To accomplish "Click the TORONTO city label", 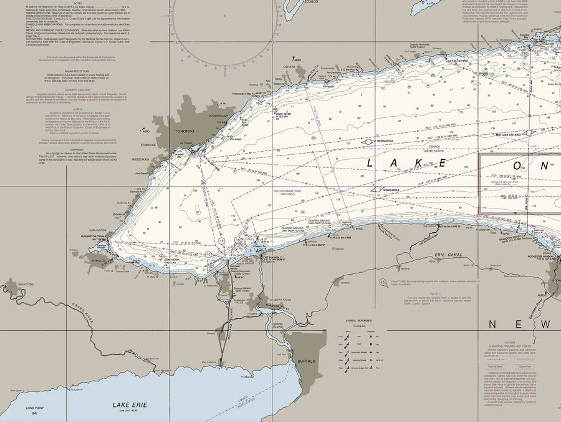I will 184,131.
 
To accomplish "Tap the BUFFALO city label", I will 306,361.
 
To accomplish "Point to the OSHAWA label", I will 289,67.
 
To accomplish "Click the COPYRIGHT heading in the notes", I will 77,149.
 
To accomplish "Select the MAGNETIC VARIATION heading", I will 77,89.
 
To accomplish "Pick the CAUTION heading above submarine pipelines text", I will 510,343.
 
